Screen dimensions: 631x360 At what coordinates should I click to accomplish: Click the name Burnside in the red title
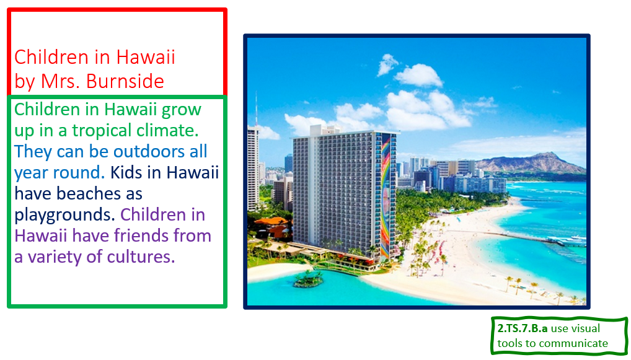[x=125, y=81]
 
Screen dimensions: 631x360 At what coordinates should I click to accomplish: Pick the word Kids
[x=126, y=172]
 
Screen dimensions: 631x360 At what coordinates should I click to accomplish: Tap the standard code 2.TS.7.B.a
[x=523, y=328]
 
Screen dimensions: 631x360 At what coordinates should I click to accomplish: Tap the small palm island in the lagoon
[x=308, y=279]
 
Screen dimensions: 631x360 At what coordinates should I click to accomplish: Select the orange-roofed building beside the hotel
[x=271, y=226]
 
